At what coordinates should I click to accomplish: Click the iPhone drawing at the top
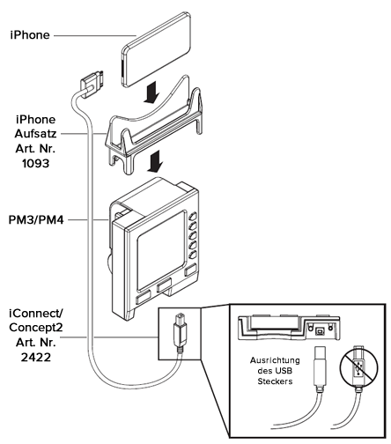pos(156,49)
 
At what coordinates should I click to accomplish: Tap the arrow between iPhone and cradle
pos(152,92)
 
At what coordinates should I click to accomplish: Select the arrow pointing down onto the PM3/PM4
pos(154,161)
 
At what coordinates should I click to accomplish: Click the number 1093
pos(36,164)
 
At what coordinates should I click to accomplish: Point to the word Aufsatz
pos(35,134)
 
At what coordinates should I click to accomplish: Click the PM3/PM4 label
pos(36,219)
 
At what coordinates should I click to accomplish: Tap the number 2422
pos(36,357)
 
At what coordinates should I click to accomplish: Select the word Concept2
pos(36,328)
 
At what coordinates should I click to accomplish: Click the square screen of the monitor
pos(161,249)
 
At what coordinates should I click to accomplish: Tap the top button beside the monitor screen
pos(193,217)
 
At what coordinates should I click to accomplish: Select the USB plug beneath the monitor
pos(180,332)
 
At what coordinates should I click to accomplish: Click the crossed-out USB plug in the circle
pos(358,368)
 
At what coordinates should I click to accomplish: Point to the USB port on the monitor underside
pos(320,331)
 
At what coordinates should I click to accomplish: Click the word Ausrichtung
pos(275,360)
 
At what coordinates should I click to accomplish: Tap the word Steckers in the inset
pos(275,381)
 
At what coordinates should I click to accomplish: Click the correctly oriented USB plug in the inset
pos(320,367)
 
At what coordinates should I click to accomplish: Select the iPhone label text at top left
pos(30,35)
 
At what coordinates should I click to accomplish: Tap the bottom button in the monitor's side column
pos(192,255)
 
